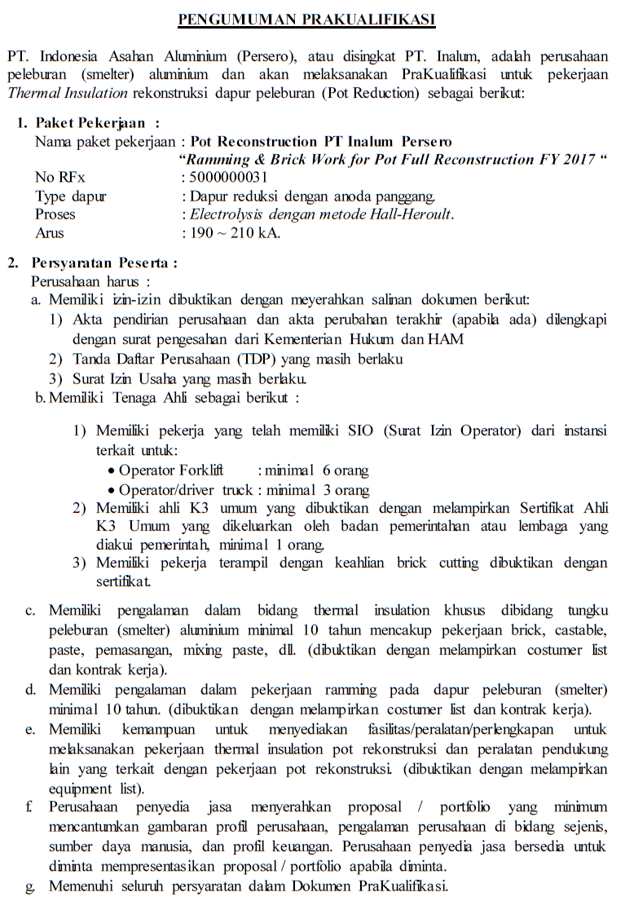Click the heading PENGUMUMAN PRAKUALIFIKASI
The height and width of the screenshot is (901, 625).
[x=306, y=19]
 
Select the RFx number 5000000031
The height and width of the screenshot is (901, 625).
[x=227, y=178]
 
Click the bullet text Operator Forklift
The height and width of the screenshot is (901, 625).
[x=171, y=470]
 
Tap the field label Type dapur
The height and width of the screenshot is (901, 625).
[x=71, y=196]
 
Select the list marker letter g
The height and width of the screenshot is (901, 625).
[x=30, y=886]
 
